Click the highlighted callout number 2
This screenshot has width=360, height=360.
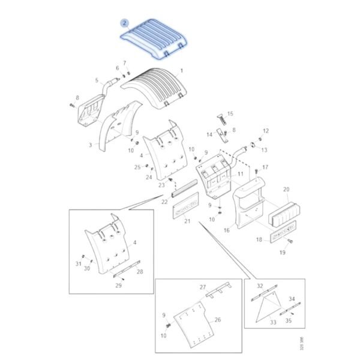[124, 23]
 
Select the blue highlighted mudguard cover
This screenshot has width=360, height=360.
[155, 37]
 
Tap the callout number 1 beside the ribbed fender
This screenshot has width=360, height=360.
[182, 70]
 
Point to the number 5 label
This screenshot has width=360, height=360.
[97, 80]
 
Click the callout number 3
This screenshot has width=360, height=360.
[90, 145]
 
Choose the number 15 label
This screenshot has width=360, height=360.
[230, 113]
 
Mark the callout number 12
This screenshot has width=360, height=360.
[265, 131]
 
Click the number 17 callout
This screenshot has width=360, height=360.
[265, 167]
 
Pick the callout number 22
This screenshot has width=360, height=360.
[164, 202]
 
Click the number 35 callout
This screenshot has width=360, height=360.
[288, 321]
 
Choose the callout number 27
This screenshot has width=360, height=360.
[203, 287]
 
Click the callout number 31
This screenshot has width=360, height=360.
[78, 263]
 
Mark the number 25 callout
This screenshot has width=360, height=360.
[137, 167]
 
